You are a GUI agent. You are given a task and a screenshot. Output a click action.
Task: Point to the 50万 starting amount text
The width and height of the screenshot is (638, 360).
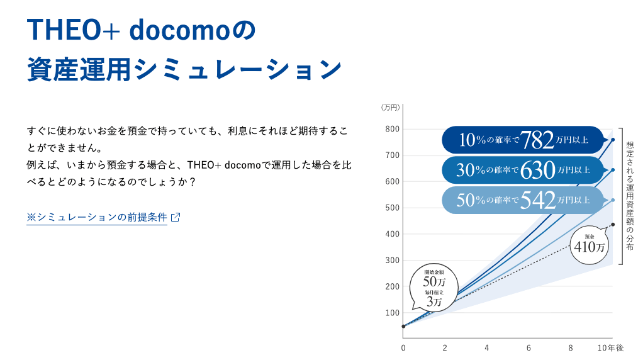coord(434,281)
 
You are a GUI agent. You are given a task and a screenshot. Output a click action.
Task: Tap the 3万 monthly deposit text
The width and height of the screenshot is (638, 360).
coord(434,301)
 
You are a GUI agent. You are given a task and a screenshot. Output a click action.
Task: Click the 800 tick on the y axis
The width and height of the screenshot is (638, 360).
coord(393,129)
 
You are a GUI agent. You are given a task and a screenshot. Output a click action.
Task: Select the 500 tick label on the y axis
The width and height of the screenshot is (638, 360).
coord(393,208)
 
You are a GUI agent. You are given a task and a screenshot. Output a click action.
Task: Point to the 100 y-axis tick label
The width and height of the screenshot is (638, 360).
coord(393,313)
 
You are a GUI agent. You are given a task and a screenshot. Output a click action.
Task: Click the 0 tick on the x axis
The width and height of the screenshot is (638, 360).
coord(403,347)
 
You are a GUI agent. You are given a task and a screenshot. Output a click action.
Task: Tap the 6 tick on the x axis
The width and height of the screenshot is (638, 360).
coord(529,347)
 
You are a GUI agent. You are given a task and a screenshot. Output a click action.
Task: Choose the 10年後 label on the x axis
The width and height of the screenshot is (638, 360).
coord(610,347)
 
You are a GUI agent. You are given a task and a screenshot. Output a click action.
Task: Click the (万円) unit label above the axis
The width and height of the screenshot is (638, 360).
coord(390,108)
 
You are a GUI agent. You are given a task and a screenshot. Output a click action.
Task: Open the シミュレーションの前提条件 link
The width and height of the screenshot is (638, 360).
coord(97,217)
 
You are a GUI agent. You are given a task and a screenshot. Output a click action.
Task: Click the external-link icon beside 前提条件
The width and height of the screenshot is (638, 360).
coord(176,217)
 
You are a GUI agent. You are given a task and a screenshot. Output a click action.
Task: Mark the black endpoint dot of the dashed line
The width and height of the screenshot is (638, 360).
coord(613,225)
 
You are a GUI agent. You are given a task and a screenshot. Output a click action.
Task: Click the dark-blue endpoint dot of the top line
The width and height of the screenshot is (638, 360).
coord(613,140)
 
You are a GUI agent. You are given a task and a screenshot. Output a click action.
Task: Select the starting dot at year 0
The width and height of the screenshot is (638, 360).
coord(403,326)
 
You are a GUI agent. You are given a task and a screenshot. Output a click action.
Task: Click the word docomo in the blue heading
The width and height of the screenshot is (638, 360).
coord(176,31)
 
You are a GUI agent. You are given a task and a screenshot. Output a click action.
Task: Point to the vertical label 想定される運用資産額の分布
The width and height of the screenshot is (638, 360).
coord(630,196)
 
